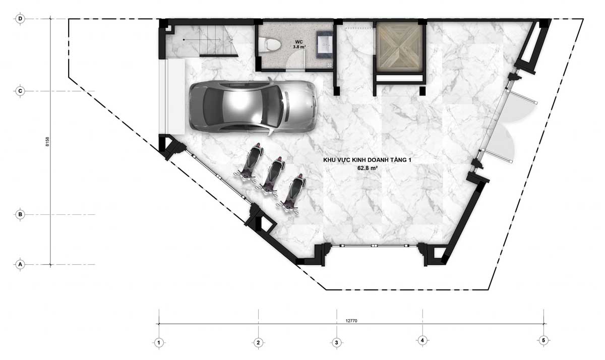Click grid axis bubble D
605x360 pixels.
coord(20,19)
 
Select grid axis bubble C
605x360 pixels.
coord(20,91)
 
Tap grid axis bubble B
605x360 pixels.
coord(20,215)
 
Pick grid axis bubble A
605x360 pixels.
coord(20,264)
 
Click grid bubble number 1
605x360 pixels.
coord(159,343)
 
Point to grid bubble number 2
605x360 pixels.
coord(258,343)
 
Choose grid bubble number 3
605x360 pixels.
coord(337,343)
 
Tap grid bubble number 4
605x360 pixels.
coord(422,340)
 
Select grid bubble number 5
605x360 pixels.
coord(543,340)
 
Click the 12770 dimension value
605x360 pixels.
coord(351,321)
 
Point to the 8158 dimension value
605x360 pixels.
coord(47,142)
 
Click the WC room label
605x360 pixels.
coord(299,42)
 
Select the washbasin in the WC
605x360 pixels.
coord(325,44)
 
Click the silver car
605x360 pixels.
coord(253,106)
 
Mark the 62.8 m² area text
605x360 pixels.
coord(368,168)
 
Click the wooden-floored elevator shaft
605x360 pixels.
coord(399,47)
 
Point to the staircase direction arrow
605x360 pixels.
coord(202,40)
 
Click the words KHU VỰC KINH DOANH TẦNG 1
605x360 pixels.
coord(368,160)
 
